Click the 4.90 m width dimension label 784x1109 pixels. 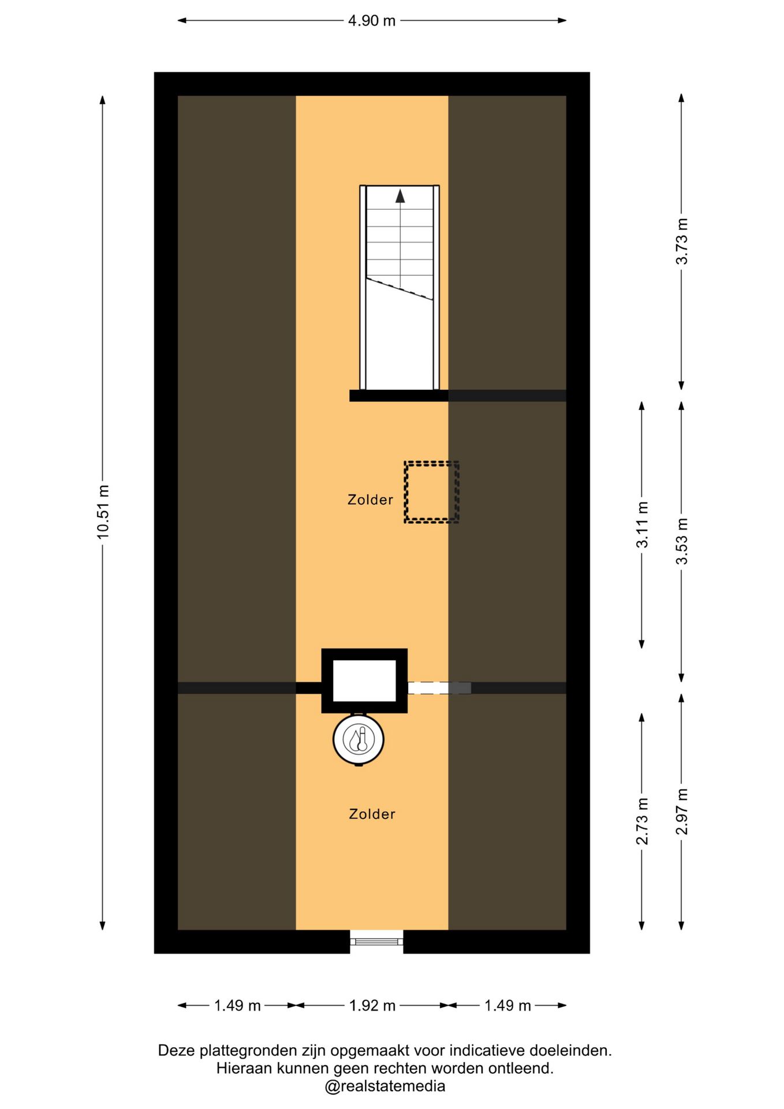[371, 21]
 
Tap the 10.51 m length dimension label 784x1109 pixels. [103, 512]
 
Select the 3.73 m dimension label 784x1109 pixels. [682, 241]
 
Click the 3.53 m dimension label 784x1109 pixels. [682, 542]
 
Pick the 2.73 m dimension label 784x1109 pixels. [642, 821]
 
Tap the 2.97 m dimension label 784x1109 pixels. [682, 812]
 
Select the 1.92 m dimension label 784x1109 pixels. [372, 1006]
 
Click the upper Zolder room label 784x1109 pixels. [370, 500]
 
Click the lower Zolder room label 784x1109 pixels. [372, 814]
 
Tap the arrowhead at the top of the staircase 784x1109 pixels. [400, 196]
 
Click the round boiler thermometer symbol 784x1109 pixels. [359, 739]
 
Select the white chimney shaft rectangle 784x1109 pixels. [364, 680]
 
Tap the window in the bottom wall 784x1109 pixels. [376, 941]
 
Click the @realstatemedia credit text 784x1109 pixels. [385, 1086]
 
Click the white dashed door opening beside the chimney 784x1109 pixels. [439, 688]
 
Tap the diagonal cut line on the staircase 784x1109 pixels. [400, 288]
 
